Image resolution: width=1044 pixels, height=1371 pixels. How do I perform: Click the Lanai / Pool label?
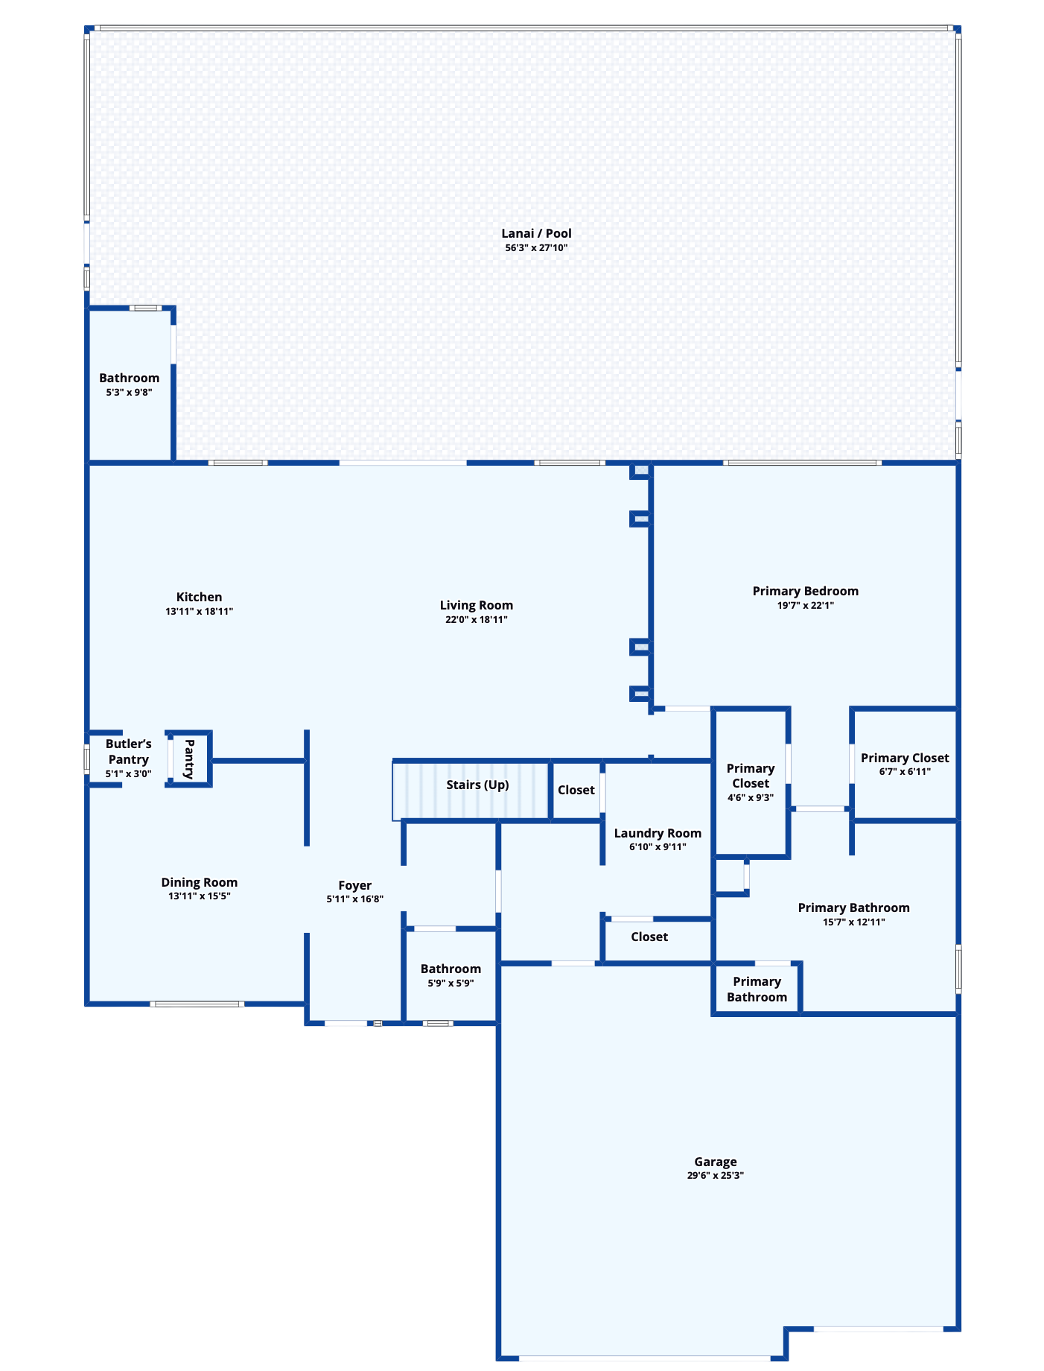click(x=536, y=233)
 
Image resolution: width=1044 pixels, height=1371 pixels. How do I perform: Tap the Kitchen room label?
click(x=199, y=597)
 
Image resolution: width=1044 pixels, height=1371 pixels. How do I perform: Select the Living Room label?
click(x=476, y=605)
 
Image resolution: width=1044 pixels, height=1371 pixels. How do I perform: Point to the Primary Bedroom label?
click(x=805, y=591)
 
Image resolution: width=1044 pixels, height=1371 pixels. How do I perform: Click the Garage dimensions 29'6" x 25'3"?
click(x=715, y=1176)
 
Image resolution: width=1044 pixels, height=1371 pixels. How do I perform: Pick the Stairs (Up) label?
click(x=477, y=785)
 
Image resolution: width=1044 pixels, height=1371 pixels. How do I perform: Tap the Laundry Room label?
click(x=658, y=833)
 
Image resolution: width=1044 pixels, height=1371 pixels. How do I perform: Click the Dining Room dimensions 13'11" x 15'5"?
click(x=199, y=896)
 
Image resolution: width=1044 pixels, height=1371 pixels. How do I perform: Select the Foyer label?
click(x=354, y=885)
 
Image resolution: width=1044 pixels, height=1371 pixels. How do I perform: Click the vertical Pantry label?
click(x=188, y=759)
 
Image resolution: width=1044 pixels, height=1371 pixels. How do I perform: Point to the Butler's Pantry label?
click(x=128, y=751)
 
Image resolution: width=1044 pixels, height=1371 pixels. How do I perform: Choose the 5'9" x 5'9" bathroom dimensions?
click(x=451, y=983)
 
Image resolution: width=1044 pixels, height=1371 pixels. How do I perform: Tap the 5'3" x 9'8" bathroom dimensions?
click(x=129, y=392)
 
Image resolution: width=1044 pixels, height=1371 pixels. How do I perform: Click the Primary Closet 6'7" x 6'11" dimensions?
click(x=905, y=772)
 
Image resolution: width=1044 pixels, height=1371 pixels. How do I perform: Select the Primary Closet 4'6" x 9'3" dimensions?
click(x=751, y=797)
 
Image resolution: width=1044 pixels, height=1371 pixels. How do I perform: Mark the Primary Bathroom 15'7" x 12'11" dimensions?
click(x=853, y=922)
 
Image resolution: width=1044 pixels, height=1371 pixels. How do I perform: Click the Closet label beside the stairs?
click(x=576, y=790)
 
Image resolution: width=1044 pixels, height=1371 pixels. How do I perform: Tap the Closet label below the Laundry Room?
click(x=649, y=937)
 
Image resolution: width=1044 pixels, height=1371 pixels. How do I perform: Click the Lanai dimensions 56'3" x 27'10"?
click(x=536, y=247)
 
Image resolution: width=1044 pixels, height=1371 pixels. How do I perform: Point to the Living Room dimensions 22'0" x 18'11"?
click(x=476, y=619)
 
